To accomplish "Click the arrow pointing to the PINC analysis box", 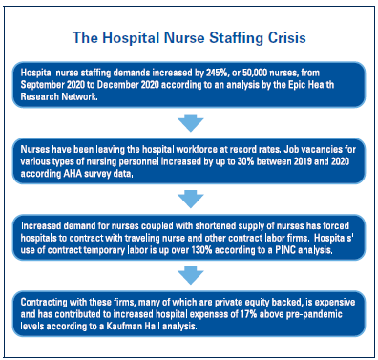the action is click(189, 200).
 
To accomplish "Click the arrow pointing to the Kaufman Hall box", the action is click(189, 277).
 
